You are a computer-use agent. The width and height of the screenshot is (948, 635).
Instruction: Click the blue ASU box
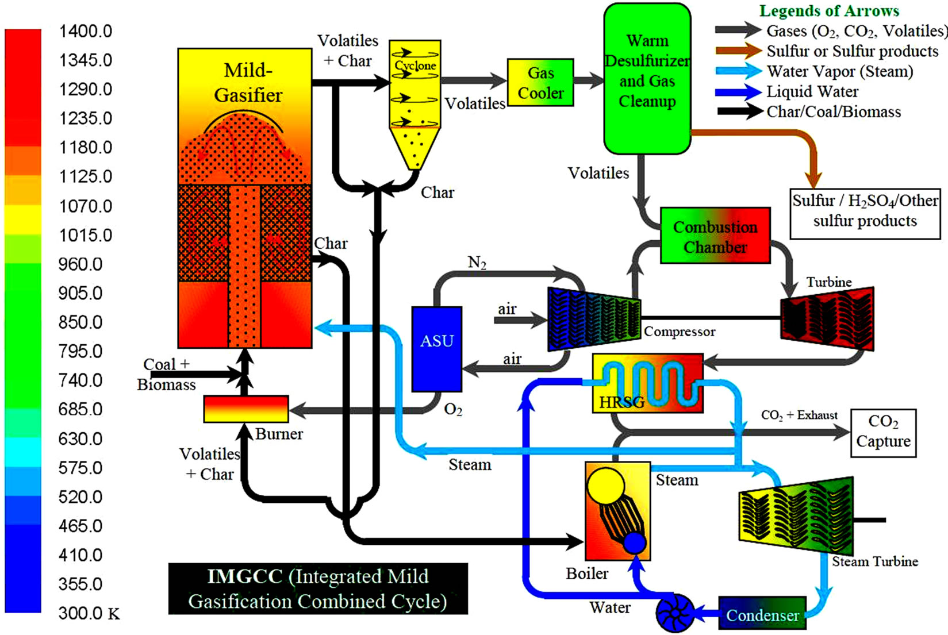coord(437,348)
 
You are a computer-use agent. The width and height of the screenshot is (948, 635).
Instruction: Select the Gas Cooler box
coord(540,82)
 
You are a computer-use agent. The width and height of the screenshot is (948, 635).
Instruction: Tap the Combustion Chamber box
coord(715,236)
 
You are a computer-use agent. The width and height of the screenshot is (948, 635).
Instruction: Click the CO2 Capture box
coord(883,432)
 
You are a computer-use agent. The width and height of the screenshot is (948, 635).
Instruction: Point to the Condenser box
coord(762,615)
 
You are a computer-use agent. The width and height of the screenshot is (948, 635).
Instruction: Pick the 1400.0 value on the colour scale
coord(86,31)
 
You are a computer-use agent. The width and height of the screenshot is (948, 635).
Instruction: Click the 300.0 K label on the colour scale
coord(89,613)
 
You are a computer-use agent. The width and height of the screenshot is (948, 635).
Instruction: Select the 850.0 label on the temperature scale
coord(80,322)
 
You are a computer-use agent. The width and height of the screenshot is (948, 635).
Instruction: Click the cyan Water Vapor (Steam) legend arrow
coord(739,71)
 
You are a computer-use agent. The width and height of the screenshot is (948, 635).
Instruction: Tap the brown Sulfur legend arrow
coord(739,51)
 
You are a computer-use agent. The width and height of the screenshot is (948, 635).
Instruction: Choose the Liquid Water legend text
coord(812,92)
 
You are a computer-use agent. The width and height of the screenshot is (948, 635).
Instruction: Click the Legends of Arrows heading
coord(829,11)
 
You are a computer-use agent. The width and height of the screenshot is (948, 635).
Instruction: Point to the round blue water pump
coord(675,613)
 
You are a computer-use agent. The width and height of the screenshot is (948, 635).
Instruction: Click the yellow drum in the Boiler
coord(606,486)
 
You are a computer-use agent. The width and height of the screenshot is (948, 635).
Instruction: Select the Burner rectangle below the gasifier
coord(246,409)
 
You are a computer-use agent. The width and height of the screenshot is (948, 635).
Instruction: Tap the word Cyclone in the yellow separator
coord(415,66)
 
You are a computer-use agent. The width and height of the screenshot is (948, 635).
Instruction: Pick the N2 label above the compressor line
coord(477,263)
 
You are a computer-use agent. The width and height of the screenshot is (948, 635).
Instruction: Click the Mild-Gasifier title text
coord(248,83)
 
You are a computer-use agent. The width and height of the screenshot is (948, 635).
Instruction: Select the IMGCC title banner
coord(318,588)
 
